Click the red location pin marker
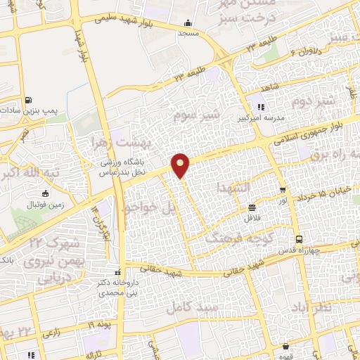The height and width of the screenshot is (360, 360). coord(181,164)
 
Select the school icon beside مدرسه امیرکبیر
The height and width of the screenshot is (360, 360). coord(261,107)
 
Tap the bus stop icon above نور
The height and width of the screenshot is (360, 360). coord(283,191)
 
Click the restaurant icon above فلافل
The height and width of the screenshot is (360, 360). coord(252,207)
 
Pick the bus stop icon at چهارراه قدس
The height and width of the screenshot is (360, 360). coord(299,238)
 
